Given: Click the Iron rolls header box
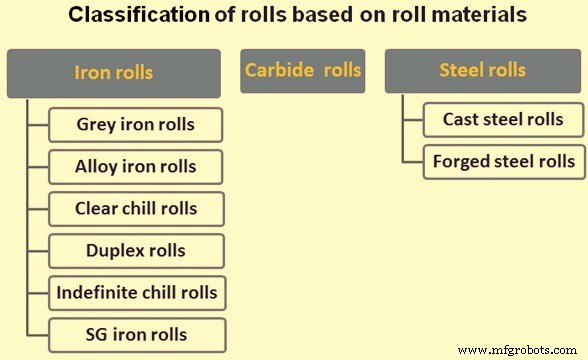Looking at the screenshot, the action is pyautogui.click(x=113, y=72).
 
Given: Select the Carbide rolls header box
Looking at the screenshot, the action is pyautogui.click(x=302, y=71).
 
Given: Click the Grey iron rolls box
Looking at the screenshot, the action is pyautogui.click(x=135, y=125).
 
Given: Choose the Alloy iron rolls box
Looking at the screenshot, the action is pyautogui.click(x=135, y=167).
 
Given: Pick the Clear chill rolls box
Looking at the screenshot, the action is pyautogui.click(x=136, y=209).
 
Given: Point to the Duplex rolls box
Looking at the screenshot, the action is pyautogui.click(x=136, y=251).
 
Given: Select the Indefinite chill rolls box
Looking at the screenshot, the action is pyautogui.click(x=136, y=293).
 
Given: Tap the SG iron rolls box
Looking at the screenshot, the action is pyautogui.click(x=136, y=334).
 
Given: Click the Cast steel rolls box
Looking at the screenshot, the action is pyautogui.click(x=503, y=120).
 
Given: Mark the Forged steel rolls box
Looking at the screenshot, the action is pyautogui.click(x=503, y=161).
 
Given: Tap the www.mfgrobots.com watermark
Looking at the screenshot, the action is pyautogui.click(x=519, y=349).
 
